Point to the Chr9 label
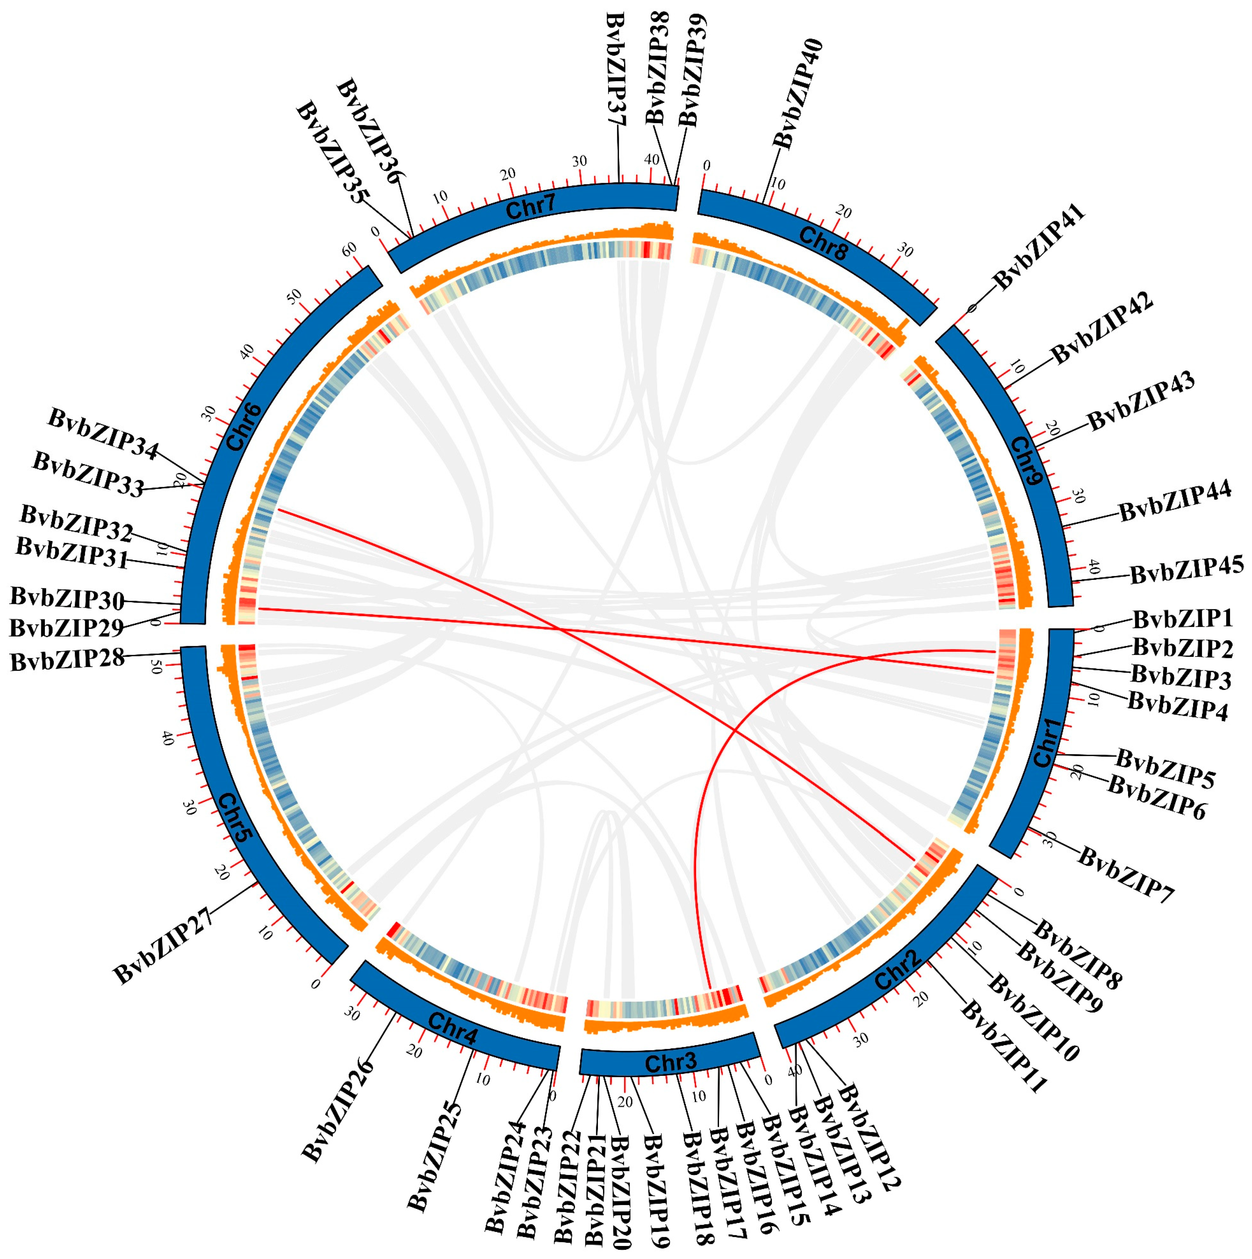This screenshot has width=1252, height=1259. coord(1025,461)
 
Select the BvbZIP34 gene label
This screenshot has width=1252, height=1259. coord(103,434)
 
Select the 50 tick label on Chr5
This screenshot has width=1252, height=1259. coord(155,667)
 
